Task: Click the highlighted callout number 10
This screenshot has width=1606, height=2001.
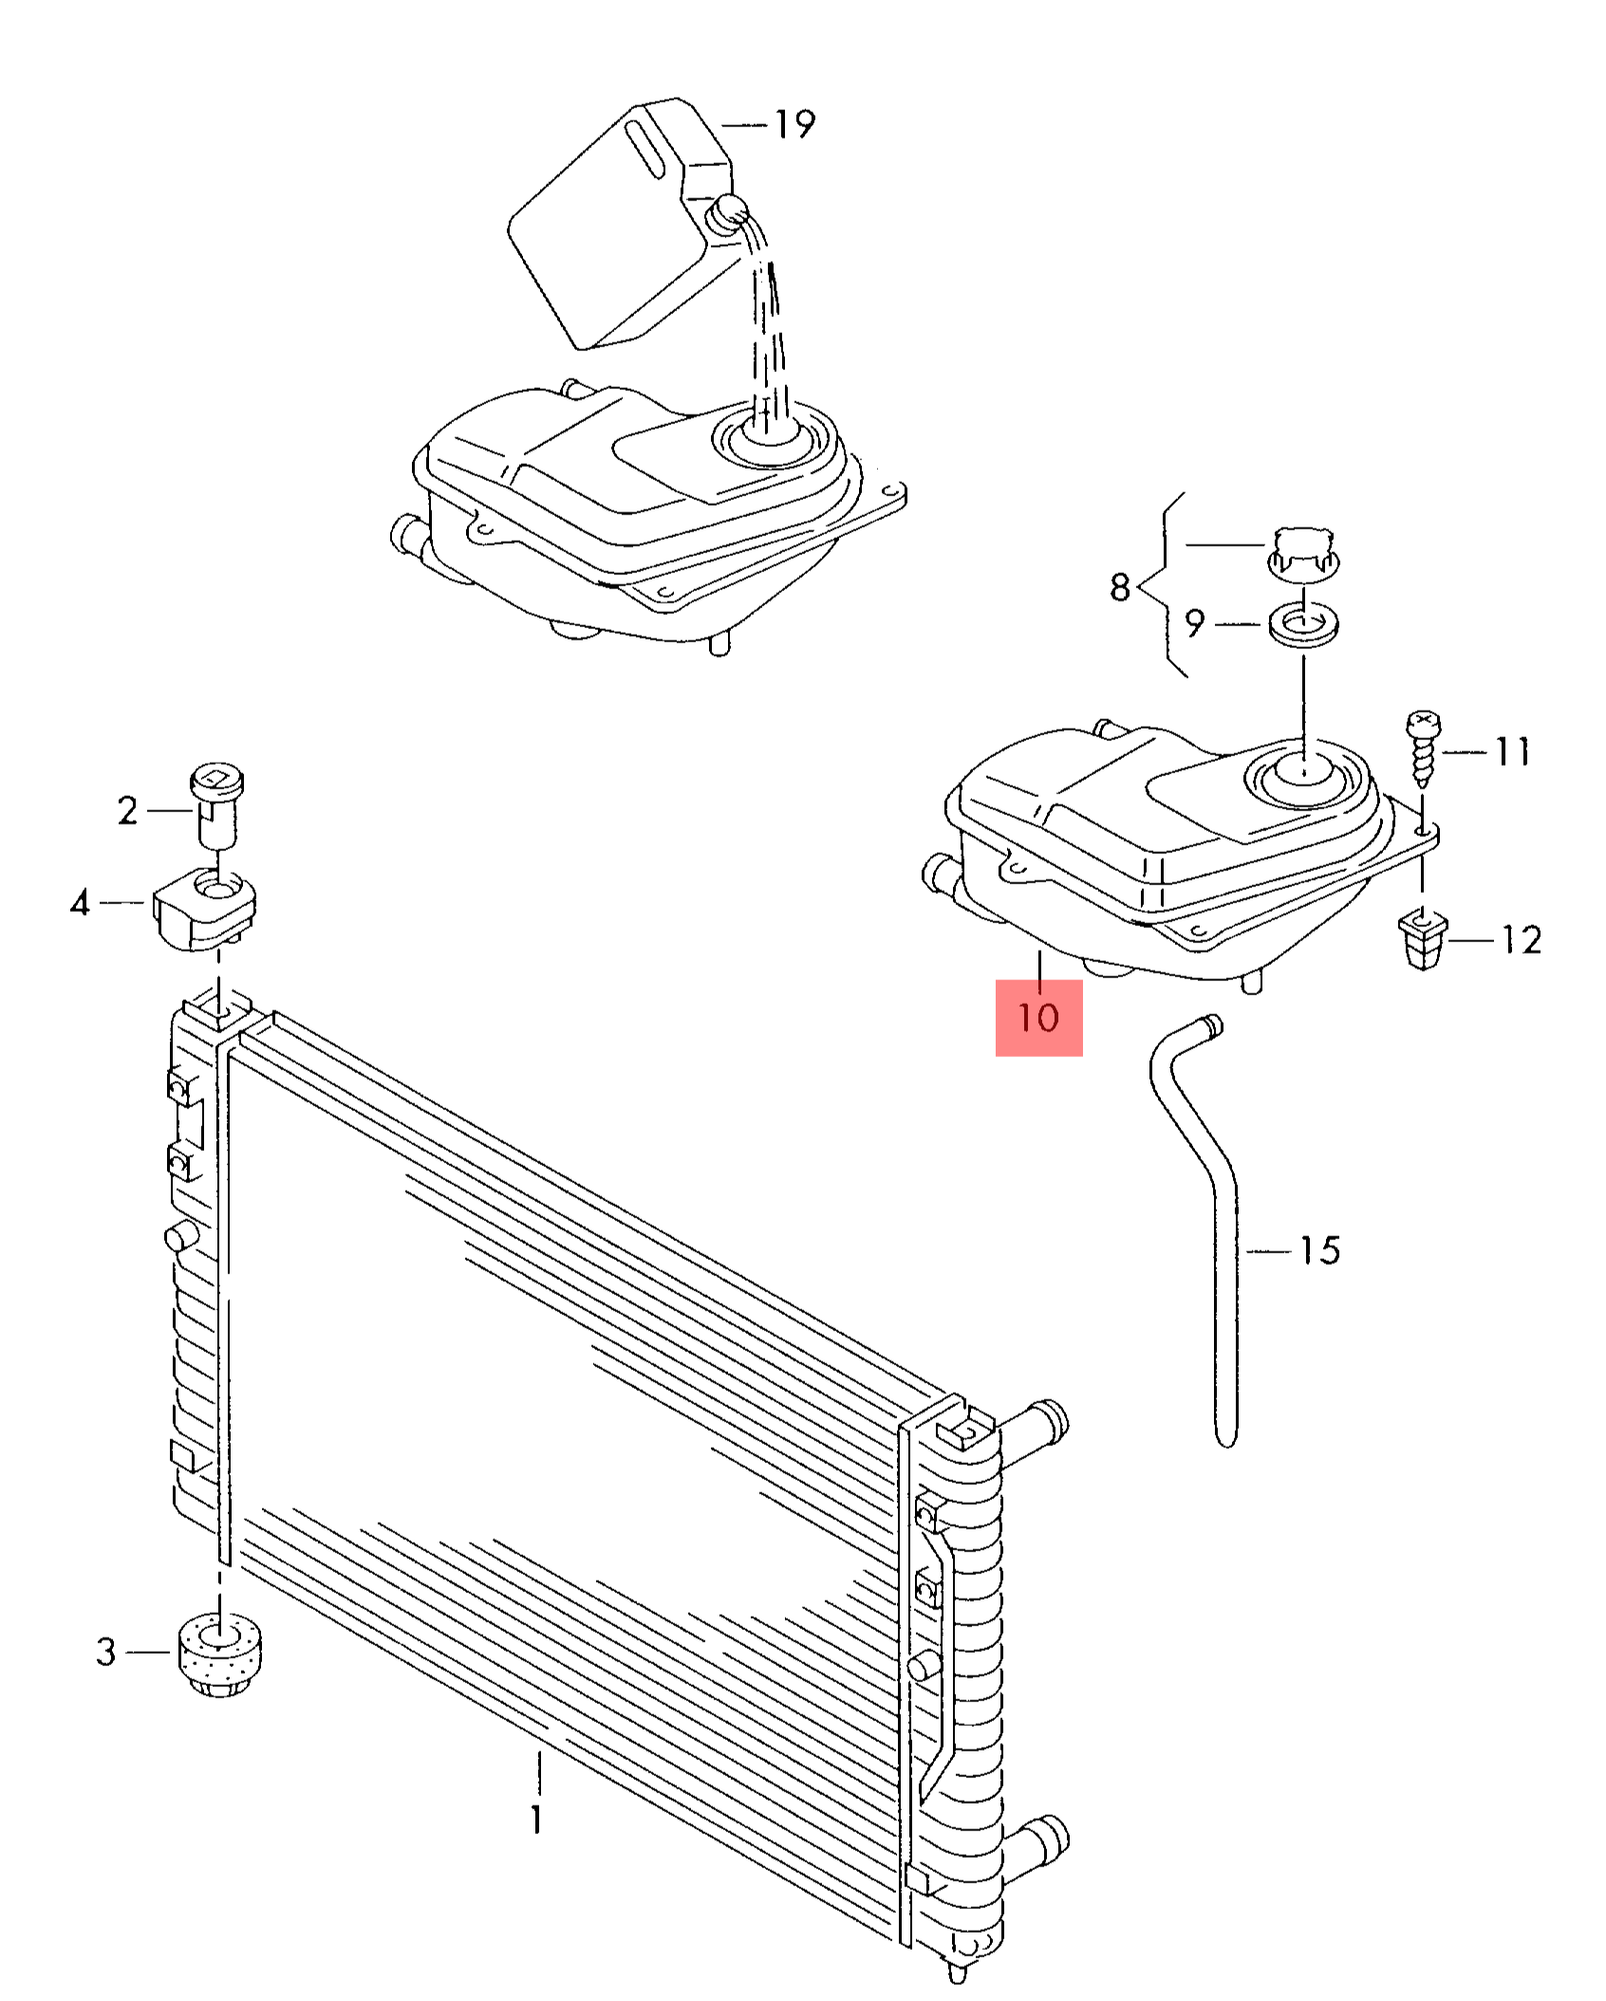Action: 1038,1018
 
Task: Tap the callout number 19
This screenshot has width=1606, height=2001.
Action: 794,124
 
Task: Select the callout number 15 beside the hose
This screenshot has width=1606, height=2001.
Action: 1319,1251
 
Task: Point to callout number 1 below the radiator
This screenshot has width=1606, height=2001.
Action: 537,1819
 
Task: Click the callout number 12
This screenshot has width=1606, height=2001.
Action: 1522,939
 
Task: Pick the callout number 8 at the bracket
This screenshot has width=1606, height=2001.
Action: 1120,587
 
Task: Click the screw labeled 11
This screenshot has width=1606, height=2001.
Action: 1423,748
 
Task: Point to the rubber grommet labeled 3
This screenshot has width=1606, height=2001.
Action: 220,1654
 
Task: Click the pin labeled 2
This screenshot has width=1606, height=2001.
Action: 216,806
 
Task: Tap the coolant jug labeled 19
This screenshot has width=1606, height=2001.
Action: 617,228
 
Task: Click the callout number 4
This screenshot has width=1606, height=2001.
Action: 81,902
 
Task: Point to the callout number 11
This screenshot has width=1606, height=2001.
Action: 1513,752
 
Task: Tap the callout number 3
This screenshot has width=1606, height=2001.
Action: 106,1652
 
